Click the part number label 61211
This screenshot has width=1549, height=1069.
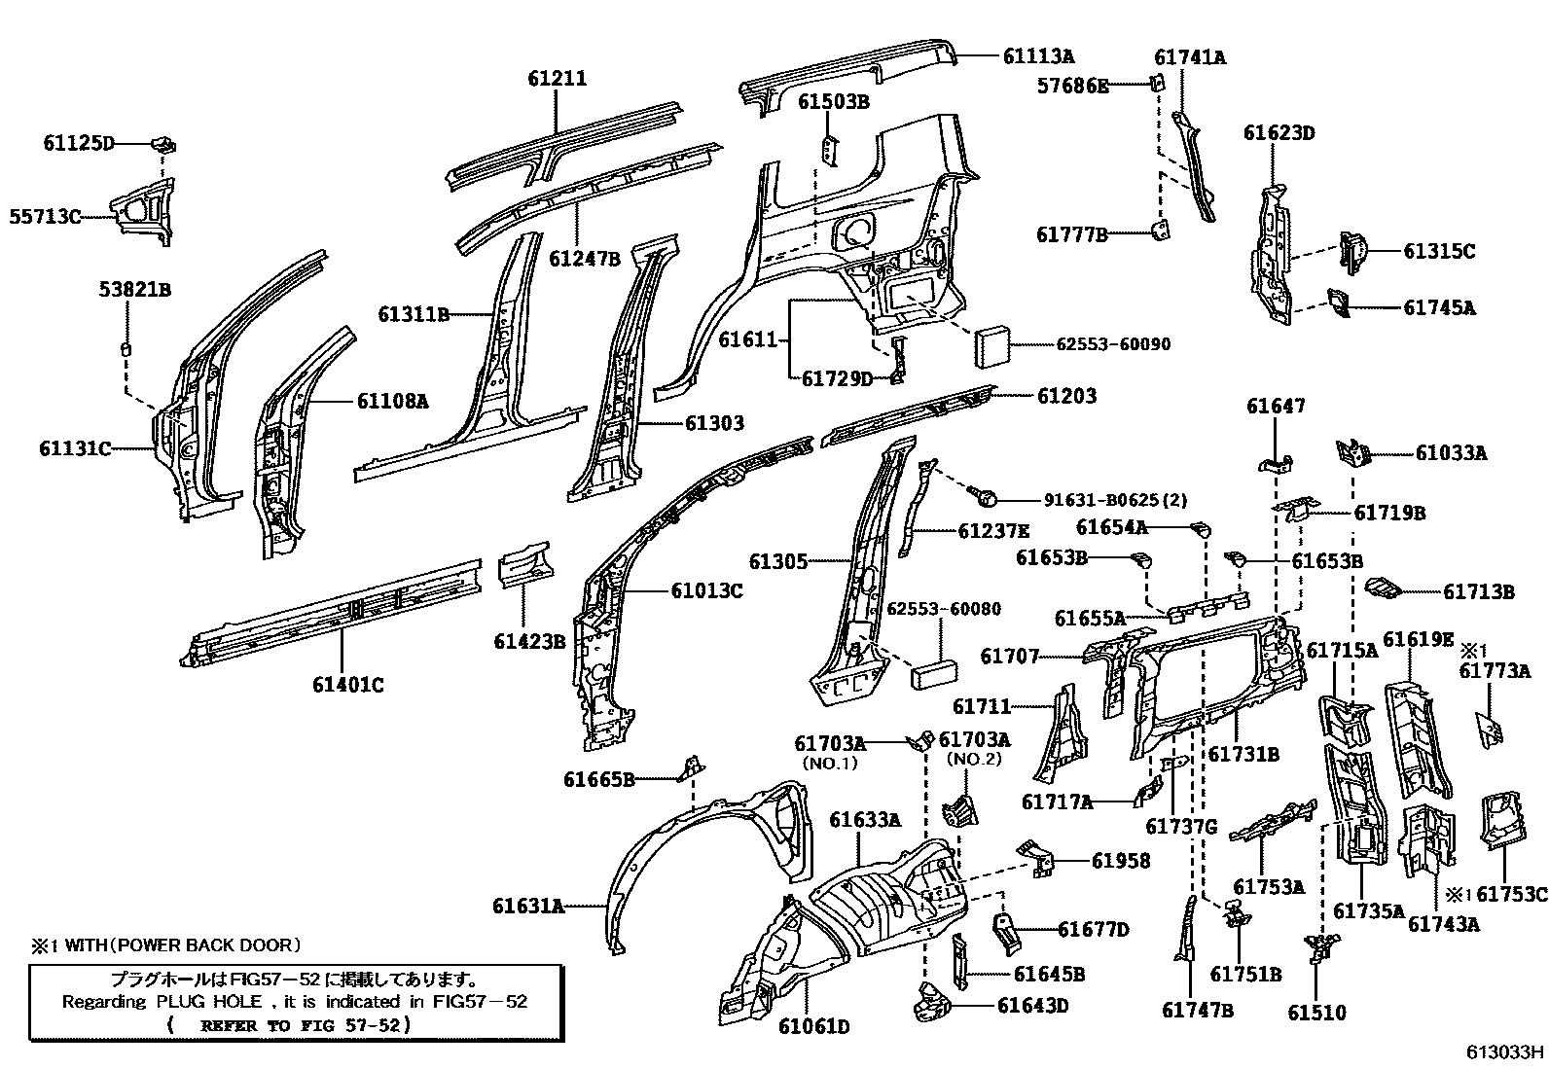tap(558, 79)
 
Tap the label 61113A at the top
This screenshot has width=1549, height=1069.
tap(1038, 57)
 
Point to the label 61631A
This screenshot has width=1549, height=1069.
tap(527, 907)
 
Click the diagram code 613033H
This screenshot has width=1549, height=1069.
tap(1506, 1051)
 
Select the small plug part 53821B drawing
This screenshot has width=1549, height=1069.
tap(125, 348)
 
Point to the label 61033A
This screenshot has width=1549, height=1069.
tap(1451, 453)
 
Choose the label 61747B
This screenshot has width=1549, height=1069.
tap(1197, 1011)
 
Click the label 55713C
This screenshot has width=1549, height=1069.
tap(45, 217)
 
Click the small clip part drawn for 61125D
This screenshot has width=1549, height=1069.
tap(163, 145)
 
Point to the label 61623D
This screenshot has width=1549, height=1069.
tap(1279, 133)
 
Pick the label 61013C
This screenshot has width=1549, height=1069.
tap(705, 590)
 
